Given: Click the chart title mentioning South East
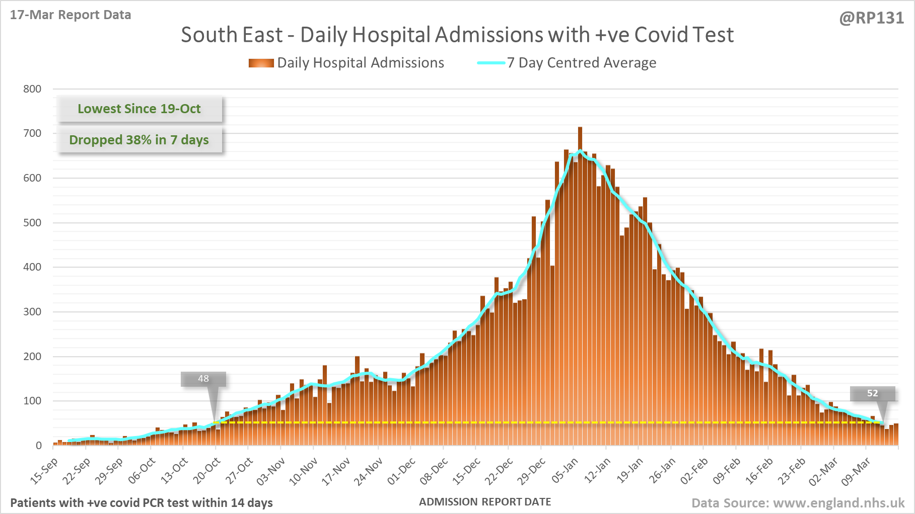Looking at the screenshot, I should [457, 35].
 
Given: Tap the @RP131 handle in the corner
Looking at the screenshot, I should [871, 18].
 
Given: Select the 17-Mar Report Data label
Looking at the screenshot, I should [71, 15].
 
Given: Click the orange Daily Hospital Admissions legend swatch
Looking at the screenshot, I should [261, 63].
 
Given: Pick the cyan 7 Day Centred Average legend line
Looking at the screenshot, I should [491, 63].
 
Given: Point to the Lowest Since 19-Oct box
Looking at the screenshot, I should [139, 109].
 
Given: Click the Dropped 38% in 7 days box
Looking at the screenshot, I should [139, 140].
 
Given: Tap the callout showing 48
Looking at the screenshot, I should [203, 379].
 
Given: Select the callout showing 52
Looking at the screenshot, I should [872, 393].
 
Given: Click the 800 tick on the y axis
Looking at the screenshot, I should [32, 89].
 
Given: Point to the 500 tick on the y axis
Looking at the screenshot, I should [32, 223].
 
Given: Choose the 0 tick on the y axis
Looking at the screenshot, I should [38, 446].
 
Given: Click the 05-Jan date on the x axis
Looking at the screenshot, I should [565, 471].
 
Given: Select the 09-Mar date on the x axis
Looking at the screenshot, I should [856, 471].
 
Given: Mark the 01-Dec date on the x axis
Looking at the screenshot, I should [401, 471].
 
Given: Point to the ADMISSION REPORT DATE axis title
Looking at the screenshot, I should [485, 502].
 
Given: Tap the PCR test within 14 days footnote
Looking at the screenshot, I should [142, 503].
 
